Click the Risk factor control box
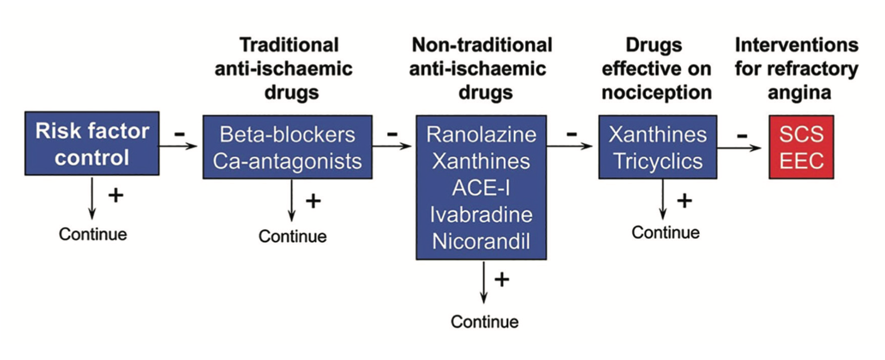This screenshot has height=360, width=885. click(x=92, y=143)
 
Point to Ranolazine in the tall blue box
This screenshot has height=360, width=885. click(x=481, y=135)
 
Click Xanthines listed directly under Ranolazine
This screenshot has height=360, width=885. click(x=481, y=161)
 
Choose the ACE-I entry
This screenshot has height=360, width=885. click(x=481, y=188)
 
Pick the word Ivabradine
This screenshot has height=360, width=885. click(x=481, y=216)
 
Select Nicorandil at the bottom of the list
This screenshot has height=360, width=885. click(x=481, y=242)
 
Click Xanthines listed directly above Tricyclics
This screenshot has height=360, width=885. click(x=658, y=135)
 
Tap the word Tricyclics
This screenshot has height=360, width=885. click(x=658, y=161)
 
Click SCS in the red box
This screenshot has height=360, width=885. click(x=801, y=135)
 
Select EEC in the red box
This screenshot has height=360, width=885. click(x=801, y=161)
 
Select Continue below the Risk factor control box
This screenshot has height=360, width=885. click(x=93, y=234)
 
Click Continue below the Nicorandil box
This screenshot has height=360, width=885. click(x=484, y=322)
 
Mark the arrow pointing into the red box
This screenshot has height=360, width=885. click(x=743, y=148)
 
